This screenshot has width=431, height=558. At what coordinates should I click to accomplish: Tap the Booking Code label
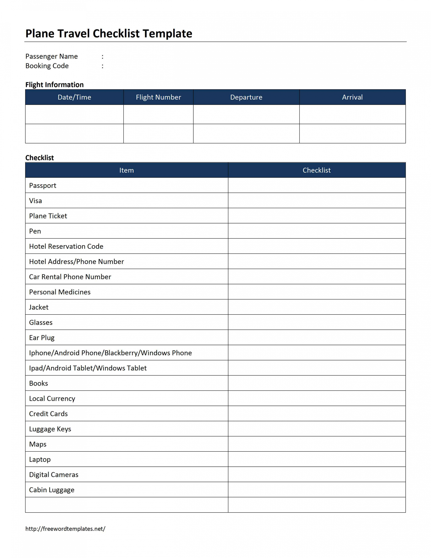(x=47, y=66)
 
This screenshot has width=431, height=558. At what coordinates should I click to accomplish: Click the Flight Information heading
(x=54, y=85)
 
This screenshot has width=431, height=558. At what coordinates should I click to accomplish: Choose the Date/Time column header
(x=74, y=97)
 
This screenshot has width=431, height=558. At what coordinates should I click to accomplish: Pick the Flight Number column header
(x=158, y=97)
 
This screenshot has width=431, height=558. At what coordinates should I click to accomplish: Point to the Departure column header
(x=246, y=97)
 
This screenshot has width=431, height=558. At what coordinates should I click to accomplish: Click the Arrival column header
(x=352, y=97)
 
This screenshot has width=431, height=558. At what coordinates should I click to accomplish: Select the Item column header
(x=126, y=170)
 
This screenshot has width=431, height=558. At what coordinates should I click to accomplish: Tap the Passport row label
(x=43, y=185)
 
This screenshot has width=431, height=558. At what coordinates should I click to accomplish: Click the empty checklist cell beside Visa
(x=317, y=201)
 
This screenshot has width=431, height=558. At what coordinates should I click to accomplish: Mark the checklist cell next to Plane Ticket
(x=317, y=216)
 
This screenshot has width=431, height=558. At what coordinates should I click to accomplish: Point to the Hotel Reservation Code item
(x=66, y=246)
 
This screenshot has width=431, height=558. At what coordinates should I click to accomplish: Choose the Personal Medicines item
(x=60, y=292)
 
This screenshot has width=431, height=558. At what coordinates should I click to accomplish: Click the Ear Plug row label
(x=42, y=338)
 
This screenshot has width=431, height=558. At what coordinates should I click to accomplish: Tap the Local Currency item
(x=52, y=398)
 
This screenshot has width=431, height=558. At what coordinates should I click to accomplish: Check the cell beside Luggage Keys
(x=317, y=429)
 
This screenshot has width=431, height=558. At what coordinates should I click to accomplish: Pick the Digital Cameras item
(x=54, y=475)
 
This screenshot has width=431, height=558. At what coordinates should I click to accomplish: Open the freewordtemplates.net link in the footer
(x=65, y=529)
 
